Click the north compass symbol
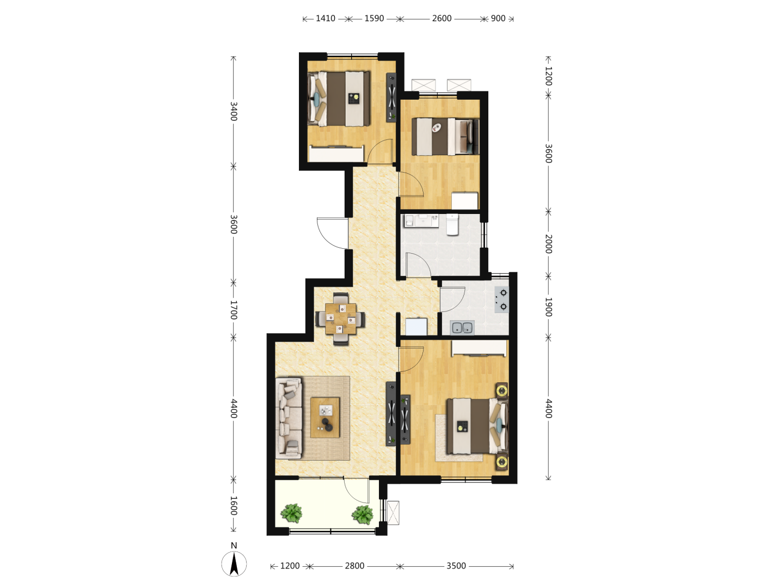[x=234, y=562]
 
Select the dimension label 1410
[x=326, y=19]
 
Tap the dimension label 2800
[x=354, y=566]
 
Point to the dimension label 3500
[x=456, y=566]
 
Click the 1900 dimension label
[x=549, y=307]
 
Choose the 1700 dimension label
[x=234, y=310]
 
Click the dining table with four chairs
[x=341, y=318]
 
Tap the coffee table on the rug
[x=325, y=418]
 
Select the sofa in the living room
[x=289, y=418]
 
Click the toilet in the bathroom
[x=452, y=224]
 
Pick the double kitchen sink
[x=463, y=327]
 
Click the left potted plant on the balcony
[x=291, y=514]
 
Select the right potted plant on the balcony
[x=363, y=515]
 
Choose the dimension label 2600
[x=442, y=19]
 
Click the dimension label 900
[x=498, y=19]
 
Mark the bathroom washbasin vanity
[x=421, y=220]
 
